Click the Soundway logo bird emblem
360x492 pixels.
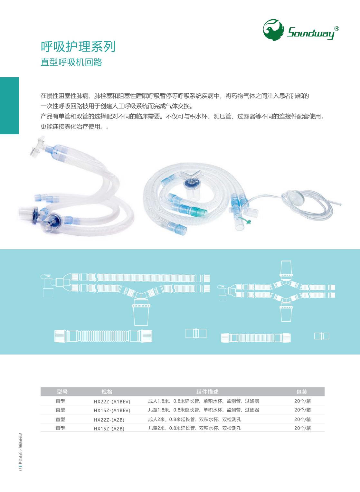pos(273,30)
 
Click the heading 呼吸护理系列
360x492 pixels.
pos(78,47)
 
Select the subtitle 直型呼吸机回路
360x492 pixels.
pos(71,62)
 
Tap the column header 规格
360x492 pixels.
pos(107,392)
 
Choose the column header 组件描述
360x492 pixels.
pos(207,392)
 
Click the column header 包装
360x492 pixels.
pos(302,392)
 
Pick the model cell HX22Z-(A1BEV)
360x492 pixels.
pos(112,402)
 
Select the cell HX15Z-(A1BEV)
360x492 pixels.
pos(112,410)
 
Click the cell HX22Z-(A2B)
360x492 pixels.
pos(109,420)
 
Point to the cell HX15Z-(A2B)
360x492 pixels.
pos(109,429)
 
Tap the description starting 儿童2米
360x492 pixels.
pos(194,428)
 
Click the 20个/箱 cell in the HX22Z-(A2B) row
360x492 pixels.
pos(303,419)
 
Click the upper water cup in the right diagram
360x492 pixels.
pos(286,270)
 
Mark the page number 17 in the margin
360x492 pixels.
pos(20,469)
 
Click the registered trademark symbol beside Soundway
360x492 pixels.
pos(336,29)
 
